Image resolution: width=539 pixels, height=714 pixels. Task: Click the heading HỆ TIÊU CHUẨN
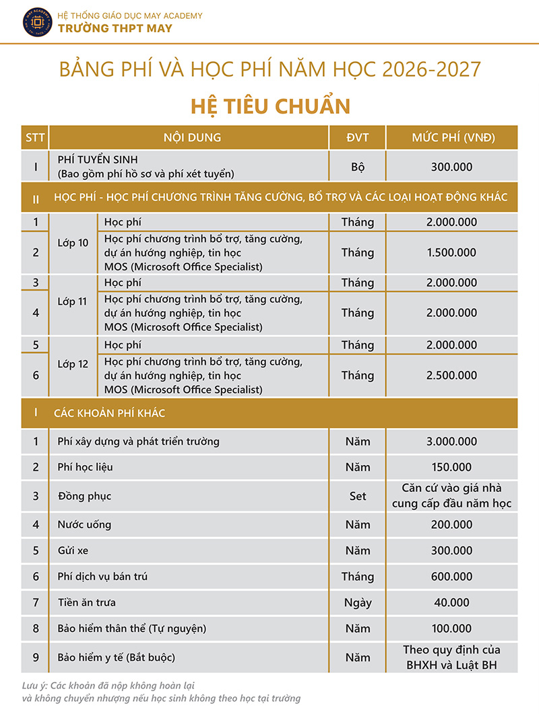point(270,106)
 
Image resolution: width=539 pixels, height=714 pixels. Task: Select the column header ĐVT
point(357,137)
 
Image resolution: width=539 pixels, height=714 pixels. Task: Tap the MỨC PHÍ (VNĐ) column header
point(453,137)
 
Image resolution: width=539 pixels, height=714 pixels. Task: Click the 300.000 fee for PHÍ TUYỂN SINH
point(451,167)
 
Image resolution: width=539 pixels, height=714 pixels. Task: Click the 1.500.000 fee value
point(451,252)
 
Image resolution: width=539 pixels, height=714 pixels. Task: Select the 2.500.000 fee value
point(451,375)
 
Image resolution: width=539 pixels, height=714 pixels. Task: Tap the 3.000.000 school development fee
point(451,441)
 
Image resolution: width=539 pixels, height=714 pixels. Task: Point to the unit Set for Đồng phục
point(358,496)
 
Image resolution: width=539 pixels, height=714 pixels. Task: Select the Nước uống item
point(84,524)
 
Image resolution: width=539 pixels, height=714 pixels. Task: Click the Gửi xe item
point(73,550)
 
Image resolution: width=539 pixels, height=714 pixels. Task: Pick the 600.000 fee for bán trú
point(451,576)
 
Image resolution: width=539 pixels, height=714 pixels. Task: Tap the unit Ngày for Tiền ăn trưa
point(358,603)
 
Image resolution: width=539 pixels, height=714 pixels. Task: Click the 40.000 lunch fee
point(451,603)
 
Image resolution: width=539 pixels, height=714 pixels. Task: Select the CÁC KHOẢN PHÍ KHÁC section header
point(109,413)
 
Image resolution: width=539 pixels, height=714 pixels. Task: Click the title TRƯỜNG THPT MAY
point(115,28)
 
